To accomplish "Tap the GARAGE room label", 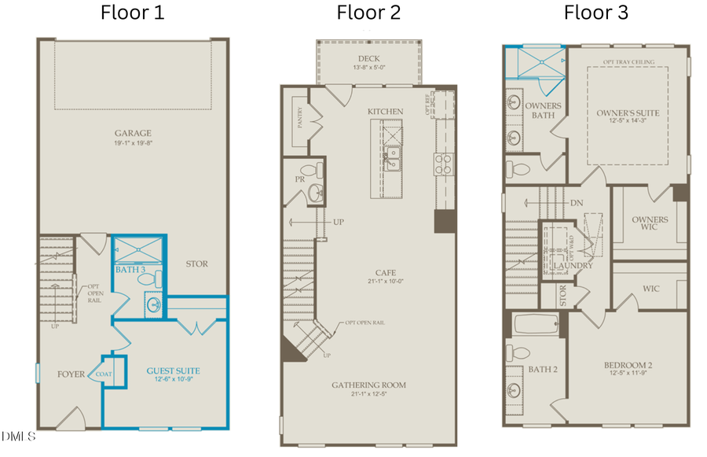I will [132, 133].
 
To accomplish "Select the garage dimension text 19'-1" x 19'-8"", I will [132, 143].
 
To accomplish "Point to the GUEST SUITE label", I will [173, 370].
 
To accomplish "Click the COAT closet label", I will [104, 374].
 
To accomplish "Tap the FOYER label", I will [71, 374].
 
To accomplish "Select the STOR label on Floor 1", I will [196, 264].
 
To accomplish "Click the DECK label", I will [368, 59].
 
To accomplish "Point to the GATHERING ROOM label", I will [368, 385].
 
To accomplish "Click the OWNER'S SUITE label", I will [627, 113].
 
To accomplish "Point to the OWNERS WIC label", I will [649, 224].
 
